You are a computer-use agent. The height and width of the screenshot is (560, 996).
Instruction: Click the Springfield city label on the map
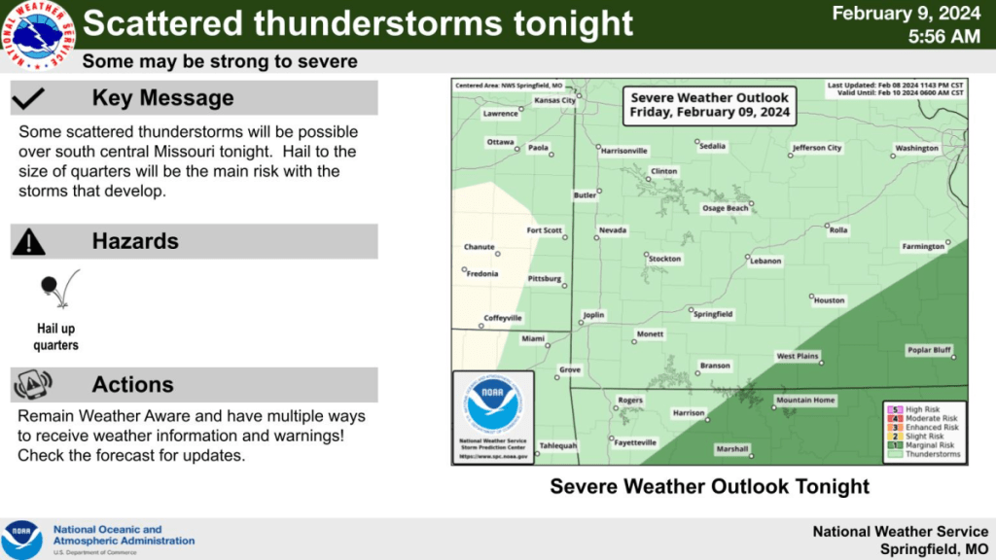[713, 314]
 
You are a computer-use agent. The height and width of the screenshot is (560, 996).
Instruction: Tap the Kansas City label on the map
[554, 100]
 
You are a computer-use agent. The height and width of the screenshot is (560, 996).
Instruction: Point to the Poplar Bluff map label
[928, 350]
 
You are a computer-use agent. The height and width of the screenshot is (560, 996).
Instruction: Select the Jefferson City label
[816, 148]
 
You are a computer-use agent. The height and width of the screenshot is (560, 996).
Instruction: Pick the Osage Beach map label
[726, 208]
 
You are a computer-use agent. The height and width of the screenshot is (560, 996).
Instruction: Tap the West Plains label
[798, 357]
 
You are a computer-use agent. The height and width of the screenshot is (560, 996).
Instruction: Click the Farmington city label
[923, 246]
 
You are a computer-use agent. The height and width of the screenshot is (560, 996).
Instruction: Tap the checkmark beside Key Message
[31, 97]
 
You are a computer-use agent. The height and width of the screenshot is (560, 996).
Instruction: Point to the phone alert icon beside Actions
[31, 385]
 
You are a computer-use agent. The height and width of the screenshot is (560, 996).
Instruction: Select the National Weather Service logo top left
[38, 35]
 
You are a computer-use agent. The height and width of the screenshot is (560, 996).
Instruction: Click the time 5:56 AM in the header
[943, 37]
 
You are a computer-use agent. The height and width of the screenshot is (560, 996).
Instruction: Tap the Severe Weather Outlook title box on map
[709, 105]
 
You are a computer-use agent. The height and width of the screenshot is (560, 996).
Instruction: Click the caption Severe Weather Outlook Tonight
[709, 485]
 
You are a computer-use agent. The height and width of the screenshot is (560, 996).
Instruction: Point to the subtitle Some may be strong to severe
[220, 62]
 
